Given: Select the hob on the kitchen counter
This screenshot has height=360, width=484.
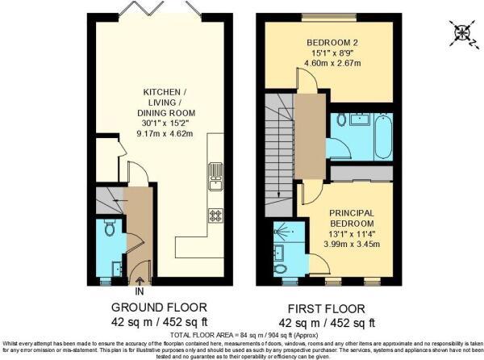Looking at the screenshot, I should click(x=215, y=215).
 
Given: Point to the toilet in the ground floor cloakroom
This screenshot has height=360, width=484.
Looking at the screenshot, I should click(x=111, y=230).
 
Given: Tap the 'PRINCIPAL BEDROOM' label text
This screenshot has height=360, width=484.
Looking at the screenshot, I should click(x=351, y=218).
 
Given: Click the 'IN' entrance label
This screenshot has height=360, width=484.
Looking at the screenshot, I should click(x=140, y=291).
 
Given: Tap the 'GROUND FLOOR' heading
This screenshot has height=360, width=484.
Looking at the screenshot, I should click(x=159, y=308).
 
